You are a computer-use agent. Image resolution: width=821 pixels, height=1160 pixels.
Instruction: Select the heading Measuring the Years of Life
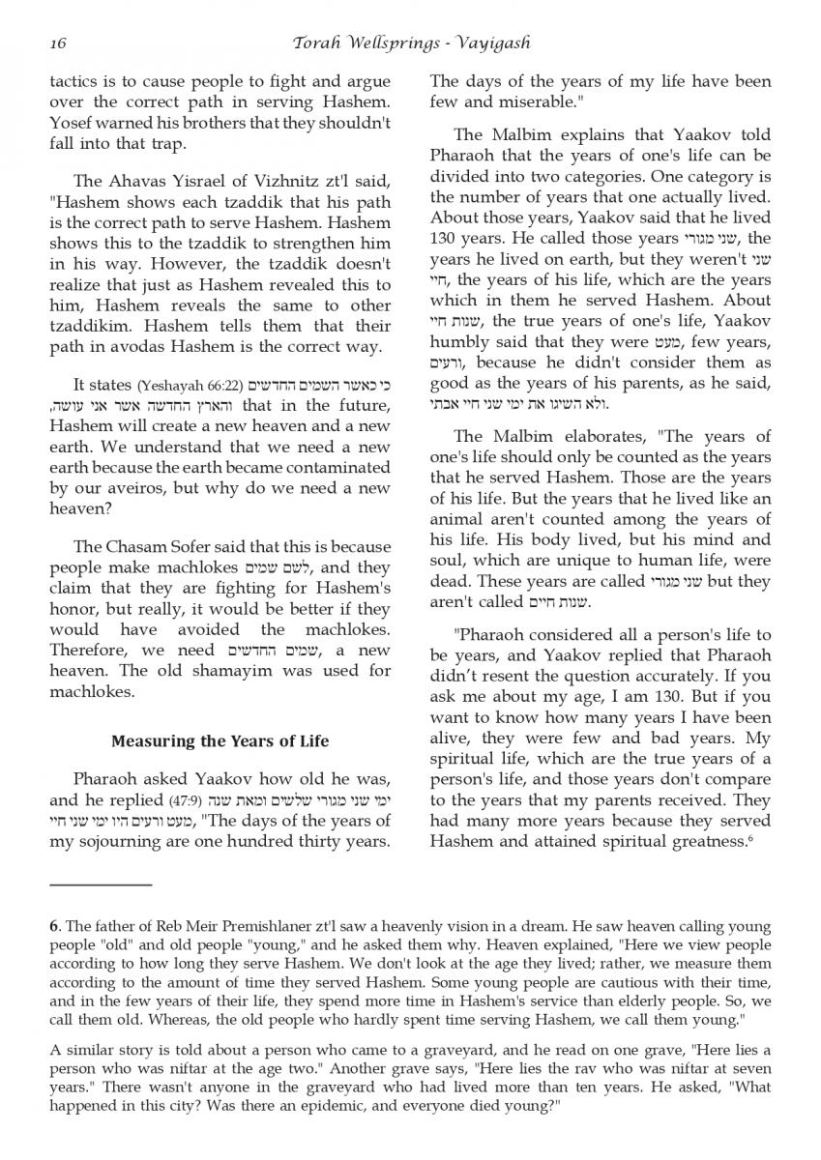[220, 741]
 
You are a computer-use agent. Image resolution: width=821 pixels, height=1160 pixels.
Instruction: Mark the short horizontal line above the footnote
[101, 884]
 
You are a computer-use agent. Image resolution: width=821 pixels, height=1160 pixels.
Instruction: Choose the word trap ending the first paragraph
[170, 144]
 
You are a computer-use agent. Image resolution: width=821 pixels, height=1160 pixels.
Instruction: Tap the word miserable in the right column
[537, 101]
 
